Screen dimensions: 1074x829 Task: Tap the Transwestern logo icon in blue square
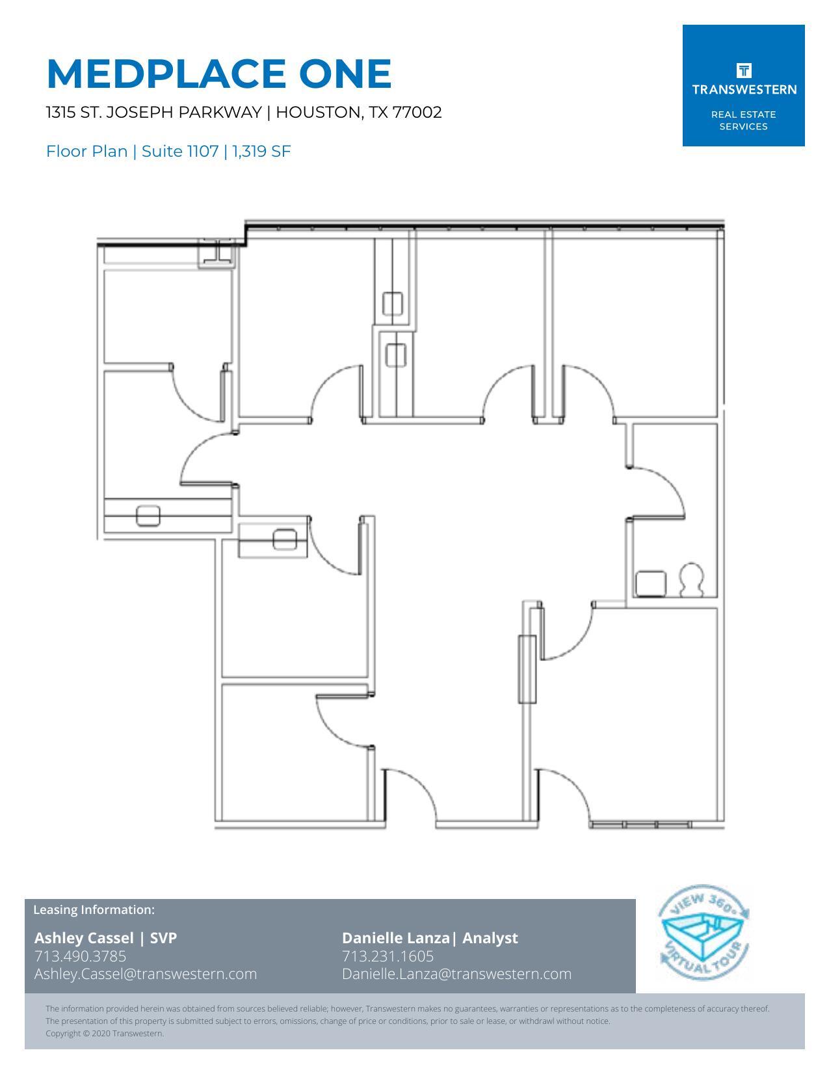pyautogui.click(x=744, y=70)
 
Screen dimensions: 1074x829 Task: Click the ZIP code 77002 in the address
pyautogui.click(x=417, y=113)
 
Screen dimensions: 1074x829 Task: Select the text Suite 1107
pyautogui.click(x=179, y=152)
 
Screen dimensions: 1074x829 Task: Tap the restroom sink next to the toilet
pyautogui.click(x=651, y=584)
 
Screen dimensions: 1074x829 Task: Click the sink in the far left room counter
pyautogui.click(x=148, y=516)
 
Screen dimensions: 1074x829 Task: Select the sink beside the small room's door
pyautogui.click(x=285, y=539)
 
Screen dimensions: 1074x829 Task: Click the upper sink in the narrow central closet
pyautogui.click(x=393, y=303)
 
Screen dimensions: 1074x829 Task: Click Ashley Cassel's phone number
pyautogui.click(x=80, y=956)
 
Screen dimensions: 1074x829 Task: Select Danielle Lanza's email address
pyautogui.click(x=456, y=974)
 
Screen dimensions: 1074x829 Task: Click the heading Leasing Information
pyautogui.click(x=94, y=909)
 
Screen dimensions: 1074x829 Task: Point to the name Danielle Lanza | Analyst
pyautogui.click(x=430, y=937)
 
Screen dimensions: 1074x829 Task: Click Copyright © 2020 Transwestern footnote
pyautogui.click(x=105, y=1033)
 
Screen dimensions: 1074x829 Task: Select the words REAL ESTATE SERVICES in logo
pyautogui.click(x=743, y=120)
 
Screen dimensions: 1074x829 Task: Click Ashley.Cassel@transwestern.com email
pyautogui.click(x=146, y=974)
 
